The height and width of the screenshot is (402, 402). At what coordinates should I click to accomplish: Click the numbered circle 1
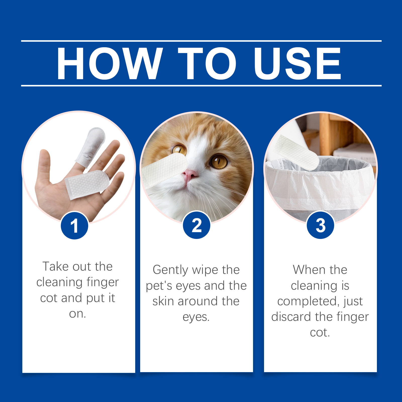coord(74,225)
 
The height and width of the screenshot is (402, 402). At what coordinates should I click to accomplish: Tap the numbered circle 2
coord(196,225)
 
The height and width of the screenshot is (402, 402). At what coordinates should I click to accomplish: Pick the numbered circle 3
coord(320,225)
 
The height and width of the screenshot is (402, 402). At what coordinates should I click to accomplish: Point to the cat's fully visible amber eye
coord(219,161)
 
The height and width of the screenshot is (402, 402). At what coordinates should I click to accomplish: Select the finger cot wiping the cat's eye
coord(165,170)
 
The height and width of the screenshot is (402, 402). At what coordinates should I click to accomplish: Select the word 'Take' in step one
coord(55,267)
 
